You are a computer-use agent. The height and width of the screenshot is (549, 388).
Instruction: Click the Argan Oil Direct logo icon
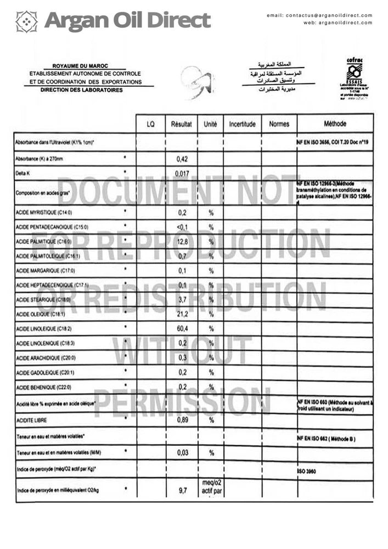26,21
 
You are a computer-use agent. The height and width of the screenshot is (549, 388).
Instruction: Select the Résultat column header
181,125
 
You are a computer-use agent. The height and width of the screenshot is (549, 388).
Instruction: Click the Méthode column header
335,124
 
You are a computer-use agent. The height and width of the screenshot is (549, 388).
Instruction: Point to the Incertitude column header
242,125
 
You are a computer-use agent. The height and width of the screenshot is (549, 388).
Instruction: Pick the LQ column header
150,125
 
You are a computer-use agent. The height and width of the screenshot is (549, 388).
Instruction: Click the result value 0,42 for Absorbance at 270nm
182,159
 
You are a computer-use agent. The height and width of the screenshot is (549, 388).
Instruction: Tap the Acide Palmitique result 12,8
182,242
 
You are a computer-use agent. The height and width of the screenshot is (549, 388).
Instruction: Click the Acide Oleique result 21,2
182,314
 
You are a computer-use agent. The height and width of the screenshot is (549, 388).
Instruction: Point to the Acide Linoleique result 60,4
182,329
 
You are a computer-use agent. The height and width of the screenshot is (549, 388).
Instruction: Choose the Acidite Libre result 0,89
182,421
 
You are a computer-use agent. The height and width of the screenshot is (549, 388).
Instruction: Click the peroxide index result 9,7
182,489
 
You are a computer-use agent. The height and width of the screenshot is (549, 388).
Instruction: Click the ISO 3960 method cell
308,471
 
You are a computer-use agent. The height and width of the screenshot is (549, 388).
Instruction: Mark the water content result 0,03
182,453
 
